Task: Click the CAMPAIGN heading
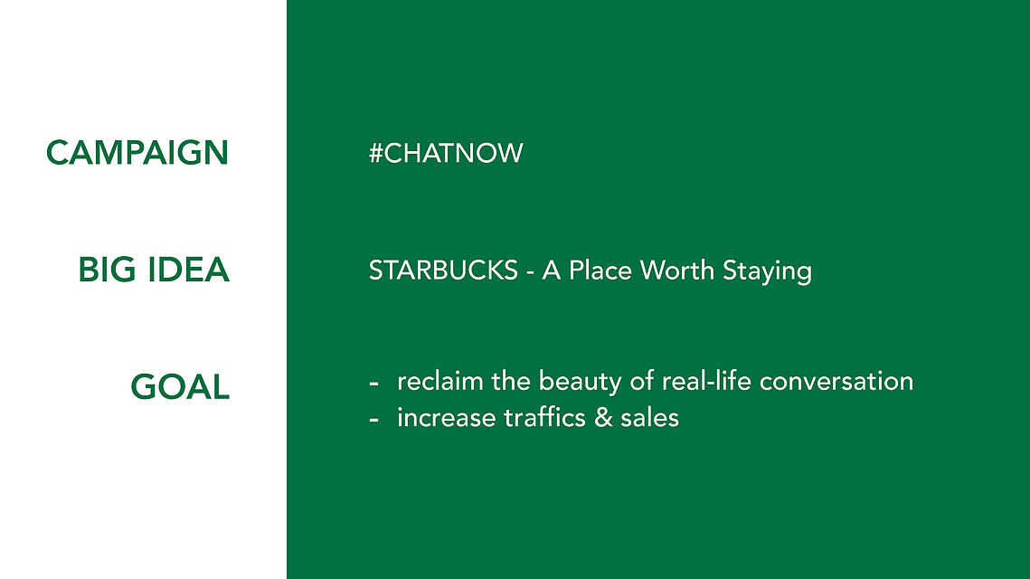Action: [137, 153]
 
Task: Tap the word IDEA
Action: [188, 271]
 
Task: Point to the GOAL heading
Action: [180, 386]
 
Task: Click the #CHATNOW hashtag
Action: [446, 153]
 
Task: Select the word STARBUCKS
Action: [443, 271]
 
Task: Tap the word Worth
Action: [677, 271]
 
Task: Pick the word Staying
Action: [767, 272]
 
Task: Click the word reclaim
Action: [440, 381]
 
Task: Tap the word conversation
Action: [836, 382]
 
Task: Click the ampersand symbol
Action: [603, 418]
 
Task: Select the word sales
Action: [649, 418]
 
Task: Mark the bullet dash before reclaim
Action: [373, 384]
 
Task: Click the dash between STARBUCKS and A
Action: [530, 273]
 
